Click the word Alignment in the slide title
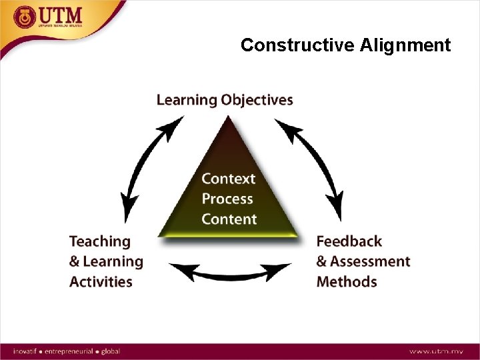[405, 45]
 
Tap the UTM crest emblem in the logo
[25, 16]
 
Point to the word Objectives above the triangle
[257, 101]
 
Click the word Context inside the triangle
[229, 179]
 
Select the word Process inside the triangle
[227, 199]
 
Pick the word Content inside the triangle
[229, 219]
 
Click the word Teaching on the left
[100, 241]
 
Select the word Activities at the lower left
[101, 281]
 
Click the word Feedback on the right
[349, 241]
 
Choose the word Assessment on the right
[370, 261]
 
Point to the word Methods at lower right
[347, 281]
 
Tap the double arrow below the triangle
[230, 273]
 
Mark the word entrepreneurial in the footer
[73, 351]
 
